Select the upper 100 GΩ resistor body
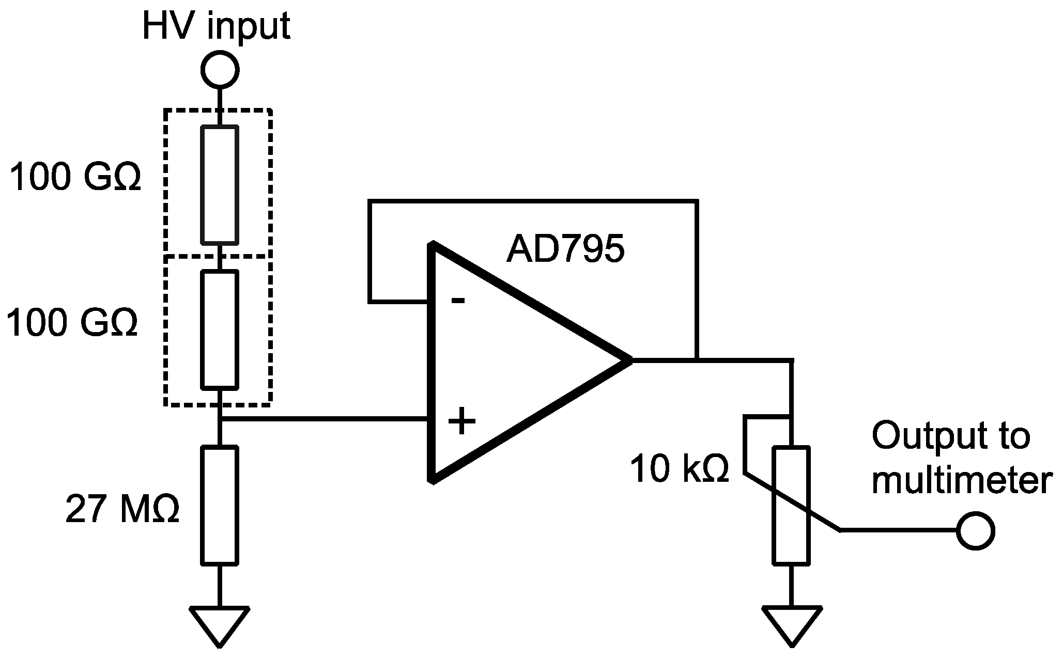[x=220, y=184]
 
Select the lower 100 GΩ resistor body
[x=220, y=329]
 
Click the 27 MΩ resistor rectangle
[x=220, y=505]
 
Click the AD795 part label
[x=565, y=249]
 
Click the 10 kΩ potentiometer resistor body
[x=791, y=506]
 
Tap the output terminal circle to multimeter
[x=975, y=530]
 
